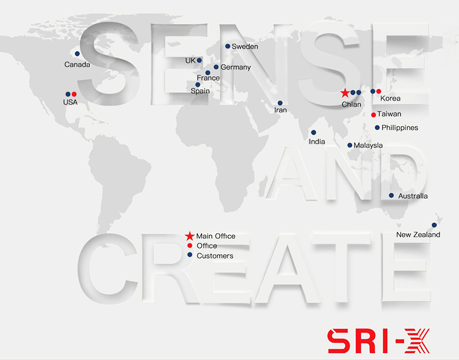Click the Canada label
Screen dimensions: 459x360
click(77, 64)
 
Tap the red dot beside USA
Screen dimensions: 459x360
click(74, 94)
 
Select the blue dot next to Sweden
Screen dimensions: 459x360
click(227, 47)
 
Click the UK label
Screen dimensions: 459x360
click(190, 61)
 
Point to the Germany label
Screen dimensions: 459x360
click(236, 67)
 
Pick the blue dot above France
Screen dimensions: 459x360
click(208, 73)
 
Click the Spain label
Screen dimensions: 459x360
click(200, 91)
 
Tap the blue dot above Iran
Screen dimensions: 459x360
click(280, 103)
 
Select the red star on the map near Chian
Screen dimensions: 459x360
click(345, 93)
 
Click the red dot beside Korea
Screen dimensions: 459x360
click(379, 91)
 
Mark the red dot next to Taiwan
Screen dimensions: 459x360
click(374, 115)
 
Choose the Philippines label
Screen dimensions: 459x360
click(400, 127)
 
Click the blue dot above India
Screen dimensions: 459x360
click(313, 133)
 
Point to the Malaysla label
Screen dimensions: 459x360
click(368, 145)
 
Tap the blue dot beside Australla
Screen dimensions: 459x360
click(391, 195)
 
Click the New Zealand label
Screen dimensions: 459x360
click(418, 235)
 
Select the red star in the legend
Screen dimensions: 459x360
click(190, 236)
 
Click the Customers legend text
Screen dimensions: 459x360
click(215, 256)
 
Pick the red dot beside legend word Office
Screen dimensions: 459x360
click(190, 246)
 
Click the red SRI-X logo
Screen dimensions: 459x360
click(379, 341)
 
